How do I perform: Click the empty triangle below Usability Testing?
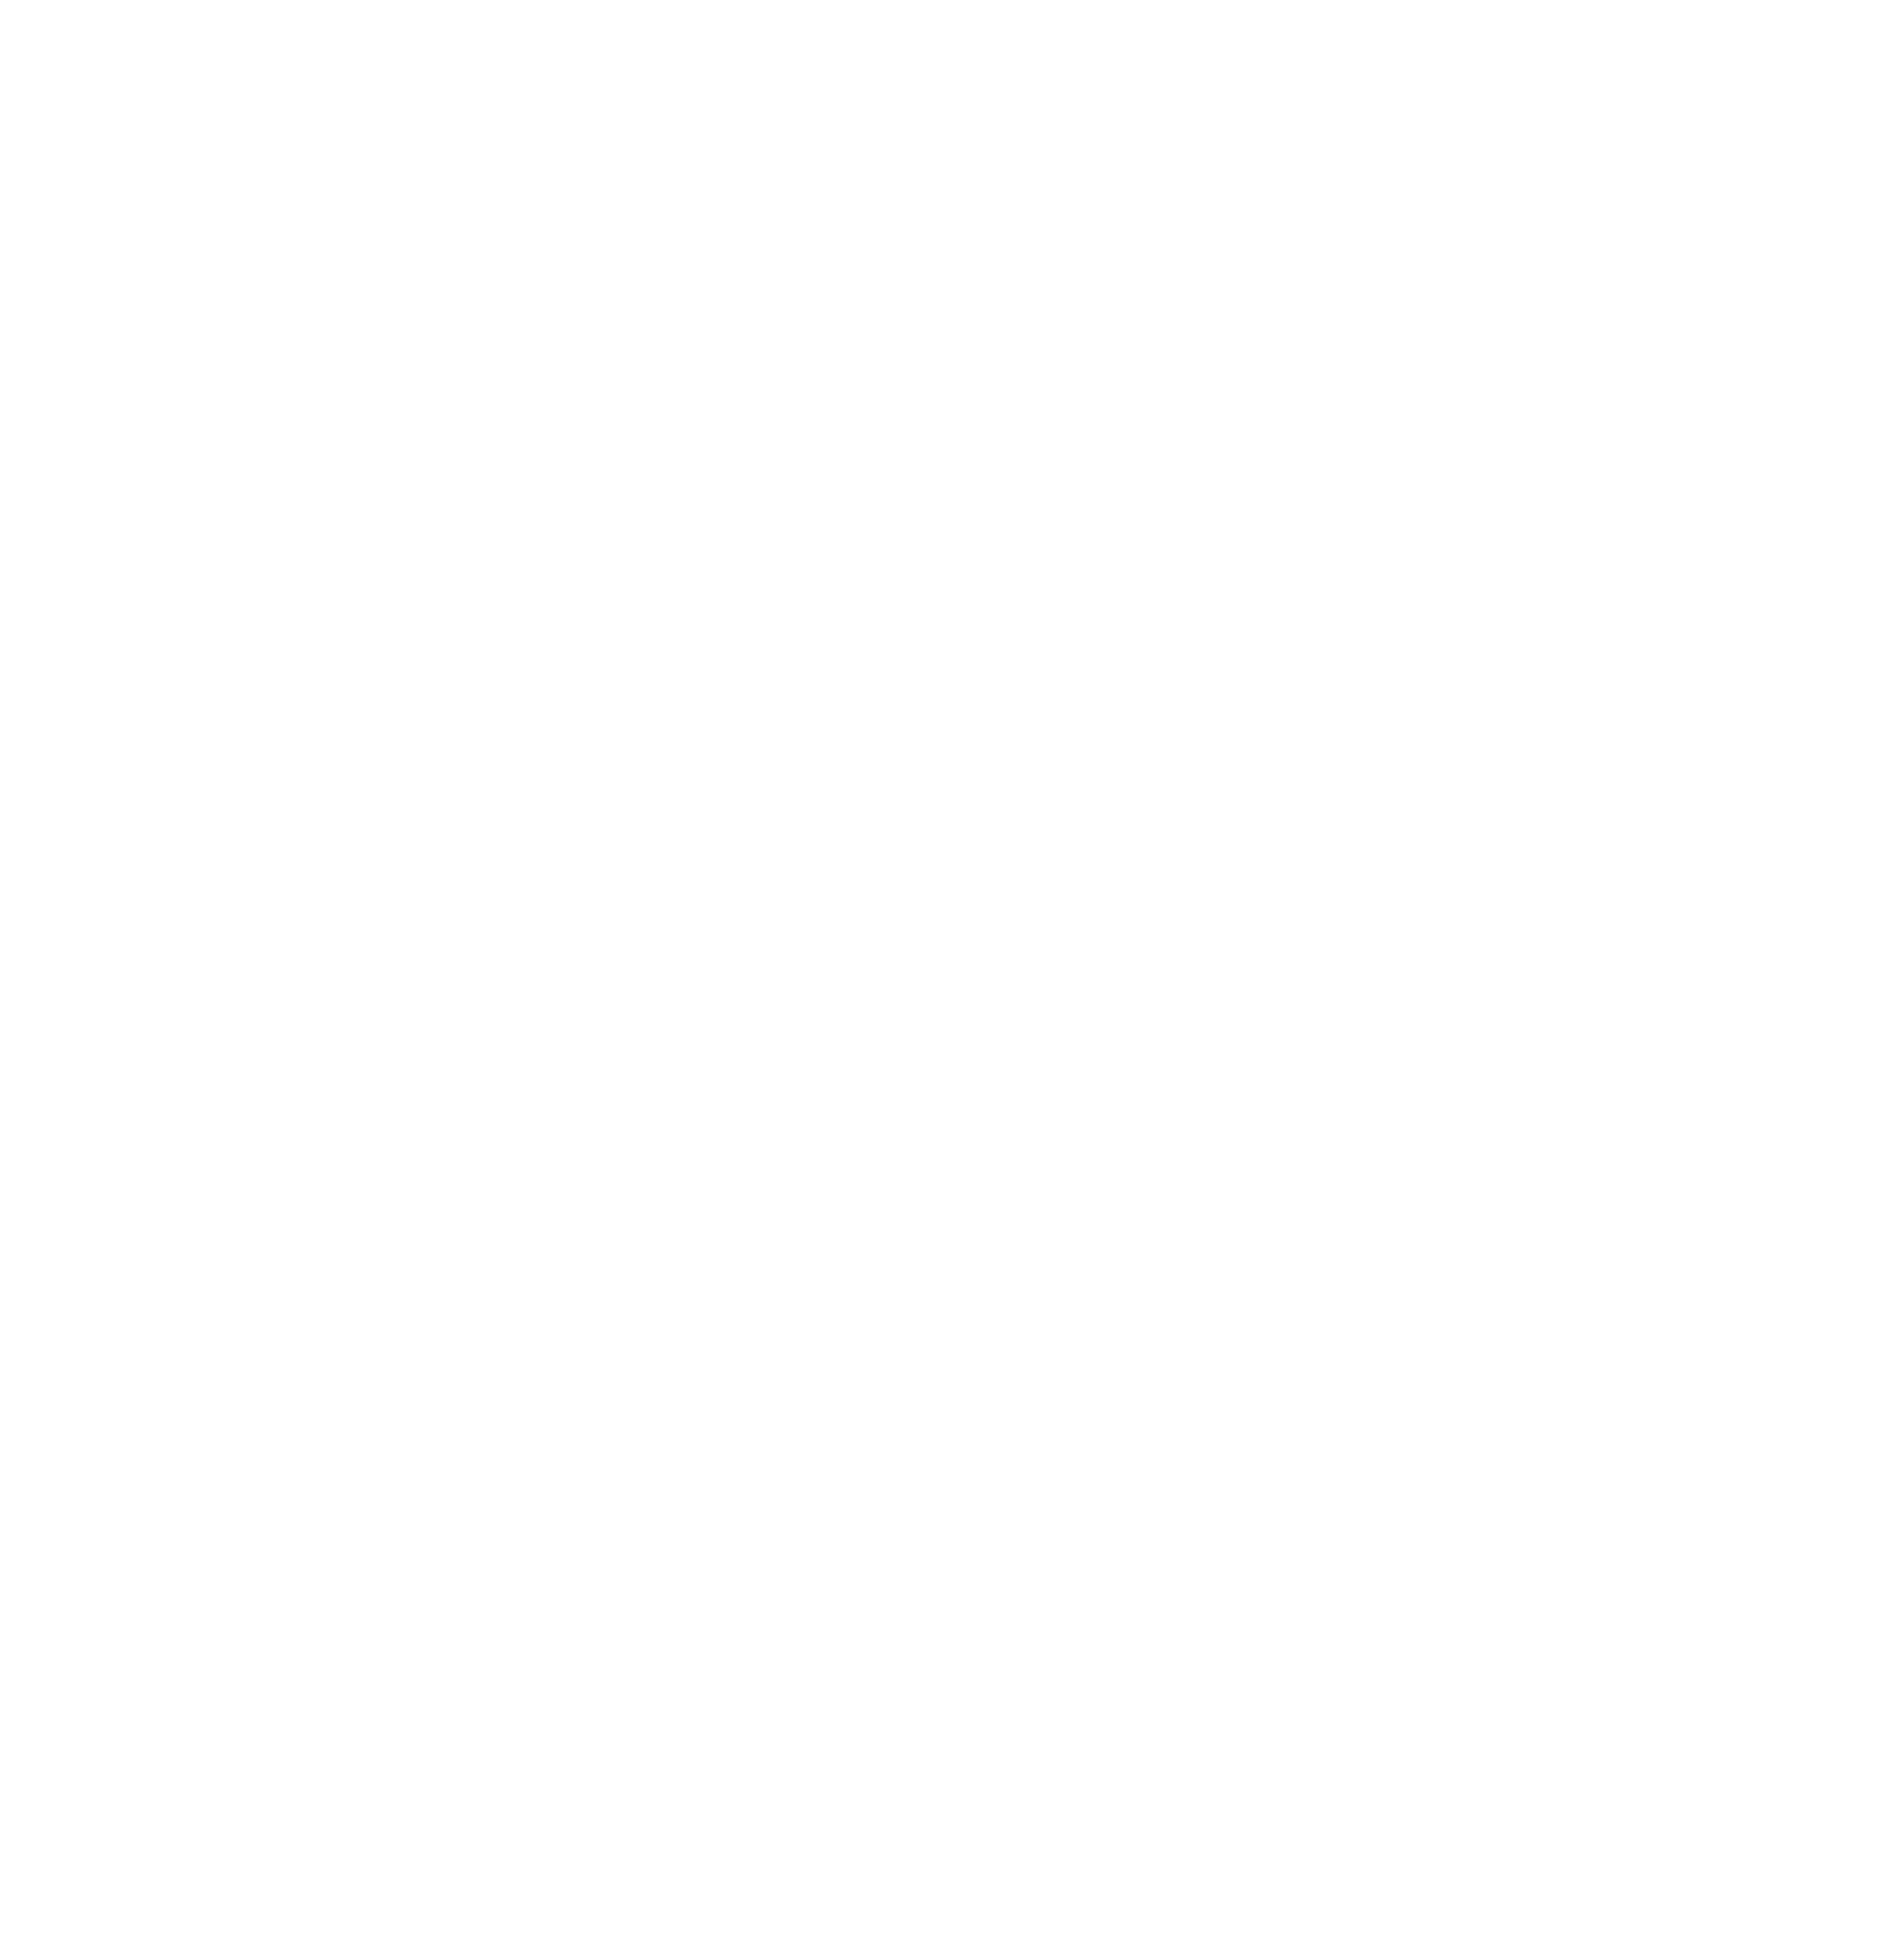(x=942, y=1623)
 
